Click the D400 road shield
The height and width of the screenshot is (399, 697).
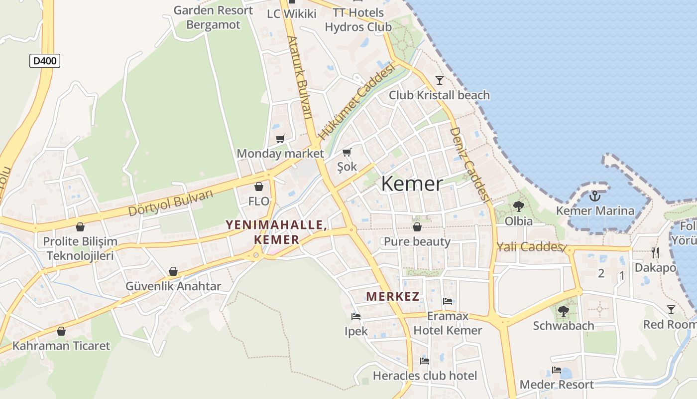point(45,61)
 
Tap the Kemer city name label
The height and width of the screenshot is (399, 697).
point(412,184)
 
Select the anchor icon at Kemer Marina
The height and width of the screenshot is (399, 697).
point(595,196)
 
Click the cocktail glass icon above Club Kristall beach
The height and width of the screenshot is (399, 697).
point(439,80)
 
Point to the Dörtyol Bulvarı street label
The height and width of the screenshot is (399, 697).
point(170,203)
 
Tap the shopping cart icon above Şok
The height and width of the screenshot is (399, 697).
point(347,152)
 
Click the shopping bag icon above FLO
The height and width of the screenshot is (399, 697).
point(259,187)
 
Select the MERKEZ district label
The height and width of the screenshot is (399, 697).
point(392,296)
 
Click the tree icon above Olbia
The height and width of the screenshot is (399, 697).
point(518,206)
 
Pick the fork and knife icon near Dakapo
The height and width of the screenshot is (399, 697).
point(655,253)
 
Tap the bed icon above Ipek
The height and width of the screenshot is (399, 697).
point(356,316)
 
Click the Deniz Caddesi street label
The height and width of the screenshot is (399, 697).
point(469,164)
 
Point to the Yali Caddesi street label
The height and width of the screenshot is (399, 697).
point(530,247)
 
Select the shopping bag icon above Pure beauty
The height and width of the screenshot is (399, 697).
point(417,227)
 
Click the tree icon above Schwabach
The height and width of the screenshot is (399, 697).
point(564,311)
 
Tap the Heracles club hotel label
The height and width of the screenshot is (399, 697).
point(425,376)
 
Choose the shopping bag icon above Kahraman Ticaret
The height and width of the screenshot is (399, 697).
point(61,331)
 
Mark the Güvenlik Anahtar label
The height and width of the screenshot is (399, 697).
point(173,286)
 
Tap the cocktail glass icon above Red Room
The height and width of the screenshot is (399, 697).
point(671,310)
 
